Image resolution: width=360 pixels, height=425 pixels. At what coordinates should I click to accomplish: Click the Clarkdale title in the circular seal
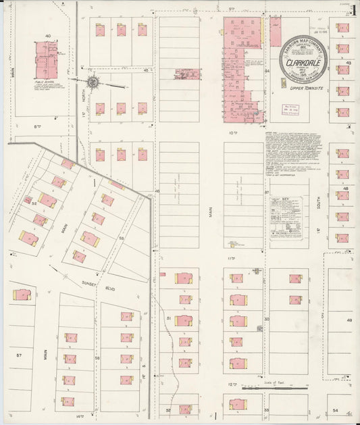[x=303, y=64]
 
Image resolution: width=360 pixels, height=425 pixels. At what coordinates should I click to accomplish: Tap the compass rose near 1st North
[x=95, y=83]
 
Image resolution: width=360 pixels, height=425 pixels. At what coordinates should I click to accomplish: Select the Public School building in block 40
[x=46, y=60]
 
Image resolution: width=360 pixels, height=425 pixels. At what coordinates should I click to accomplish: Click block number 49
[x=349, y=320]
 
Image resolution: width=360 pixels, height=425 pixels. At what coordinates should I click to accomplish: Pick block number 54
[x=335, y=409]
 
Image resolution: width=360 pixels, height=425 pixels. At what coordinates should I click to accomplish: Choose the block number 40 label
[x=48, y=35]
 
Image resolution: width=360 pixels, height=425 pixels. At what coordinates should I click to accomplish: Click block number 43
[x=349, y=62]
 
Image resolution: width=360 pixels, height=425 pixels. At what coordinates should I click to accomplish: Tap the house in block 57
[x=22, y=295]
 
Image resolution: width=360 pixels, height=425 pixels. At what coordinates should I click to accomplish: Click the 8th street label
[x=38, y=125]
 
